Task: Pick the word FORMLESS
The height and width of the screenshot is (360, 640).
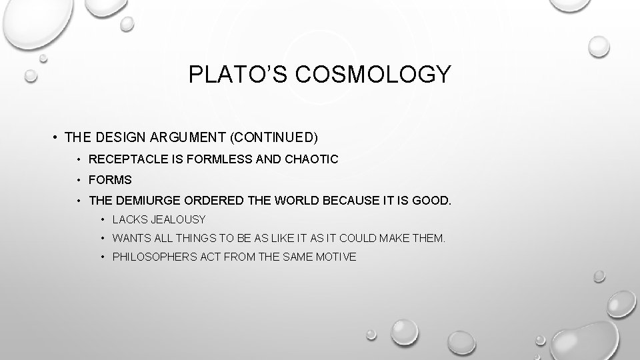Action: (x=210, y=159)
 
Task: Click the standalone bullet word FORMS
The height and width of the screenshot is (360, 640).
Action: (x=111, y=179)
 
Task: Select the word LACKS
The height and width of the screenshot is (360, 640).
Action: (x=127, y=219)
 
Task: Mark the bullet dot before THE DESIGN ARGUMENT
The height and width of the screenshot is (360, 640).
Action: (x=53, y=138)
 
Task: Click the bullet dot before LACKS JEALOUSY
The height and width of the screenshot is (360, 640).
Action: (x=103, y=219)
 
